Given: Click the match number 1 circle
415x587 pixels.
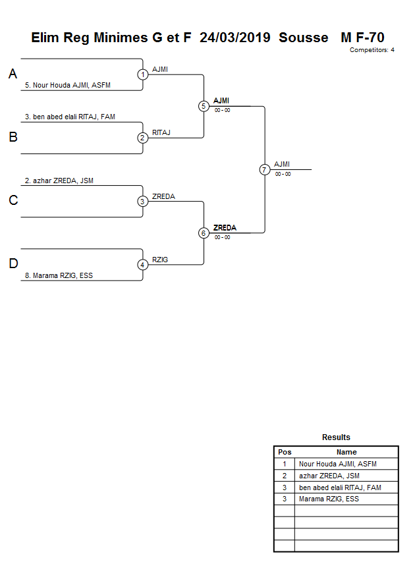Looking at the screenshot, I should click(x=143, y=74).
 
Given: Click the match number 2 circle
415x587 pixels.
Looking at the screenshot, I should click(x=143, y=138).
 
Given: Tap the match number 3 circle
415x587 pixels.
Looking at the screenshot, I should click(x=143, y=202).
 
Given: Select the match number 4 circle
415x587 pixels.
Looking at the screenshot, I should click(x=143, y=265).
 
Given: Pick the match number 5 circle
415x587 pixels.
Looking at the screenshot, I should click(x=204, y=106).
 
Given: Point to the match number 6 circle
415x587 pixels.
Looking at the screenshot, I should click(x=204, y=233).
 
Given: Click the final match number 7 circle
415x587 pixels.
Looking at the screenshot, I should click(x=264, y=169).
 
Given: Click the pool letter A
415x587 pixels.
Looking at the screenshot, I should click(x=13, y=74).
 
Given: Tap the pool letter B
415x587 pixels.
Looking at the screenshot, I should click(x=13, y=138).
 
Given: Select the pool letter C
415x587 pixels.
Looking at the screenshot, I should click(x=13, y=201).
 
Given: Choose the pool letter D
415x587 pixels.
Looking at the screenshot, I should click(x=13, y=264).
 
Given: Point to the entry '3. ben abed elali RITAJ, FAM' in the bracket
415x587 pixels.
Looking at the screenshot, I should click(x=70, y=117).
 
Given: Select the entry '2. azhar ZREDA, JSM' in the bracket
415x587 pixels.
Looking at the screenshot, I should click(x=59, y=181).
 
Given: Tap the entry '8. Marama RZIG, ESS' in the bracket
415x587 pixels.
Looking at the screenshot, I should click(x=59, y=276).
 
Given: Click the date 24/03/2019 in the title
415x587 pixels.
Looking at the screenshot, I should click(x=235, y=38).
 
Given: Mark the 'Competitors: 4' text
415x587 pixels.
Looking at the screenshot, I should click(x=372, y=50).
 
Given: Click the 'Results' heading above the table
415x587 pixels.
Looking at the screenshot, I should click(x=336, y=437).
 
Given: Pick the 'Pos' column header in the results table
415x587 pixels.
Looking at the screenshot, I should click(x=285, y=452).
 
